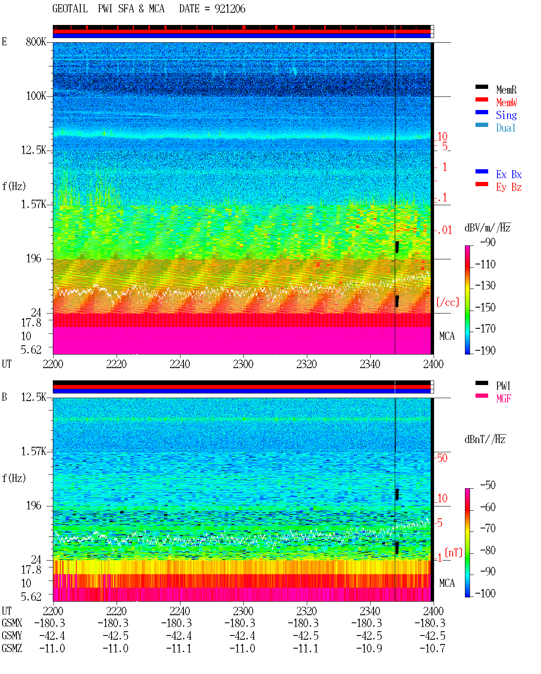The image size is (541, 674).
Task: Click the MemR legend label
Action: pos(506,90)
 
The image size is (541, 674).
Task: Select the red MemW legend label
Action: pos(506,102)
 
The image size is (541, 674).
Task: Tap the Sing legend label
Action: pos(506,115)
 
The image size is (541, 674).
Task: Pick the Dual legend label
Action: pos(505,128)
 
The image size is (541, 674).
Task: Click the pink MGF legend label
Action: pos(503,399)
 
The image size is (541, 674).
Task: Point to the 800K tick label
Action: pos(36,41)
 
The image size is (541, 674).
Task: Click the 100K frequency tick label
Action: pos(36,96)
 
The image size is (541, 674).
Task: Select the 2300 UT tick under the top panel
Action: pos(243,364)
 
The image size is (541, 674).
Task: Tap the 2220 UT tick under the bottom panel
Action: pos(116,611)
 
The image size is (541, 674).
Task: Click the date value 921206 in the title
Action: pos(230,9)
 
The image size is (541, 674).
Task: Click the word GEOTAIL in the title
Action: pos(70,9)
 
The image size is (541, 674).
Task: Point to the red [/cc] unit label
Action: pos(448,302)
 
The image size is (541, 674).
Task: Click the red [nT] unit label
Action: pos(454,553)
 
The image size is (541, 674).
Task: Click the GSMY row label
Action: pos(12,636)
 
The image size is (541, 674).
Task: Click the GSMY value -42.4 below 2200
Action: pos(52,636)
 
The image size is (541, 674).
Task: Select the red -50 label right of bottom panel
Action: pos(442,458)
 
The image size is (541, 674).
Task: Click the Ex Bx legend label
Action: pos(509,174)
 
